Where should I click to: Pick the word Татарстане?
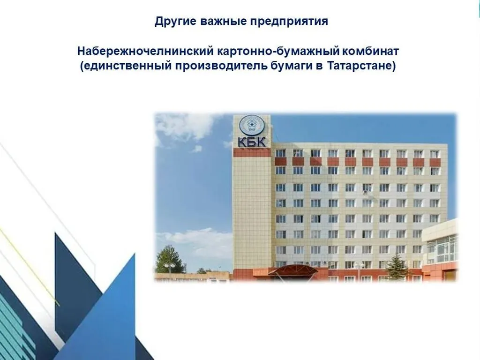[x=360, y=66]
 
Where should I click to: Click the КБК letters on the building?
[x=252, y=141]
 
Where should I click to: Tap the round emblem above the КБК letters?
[x=252, y=126]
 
